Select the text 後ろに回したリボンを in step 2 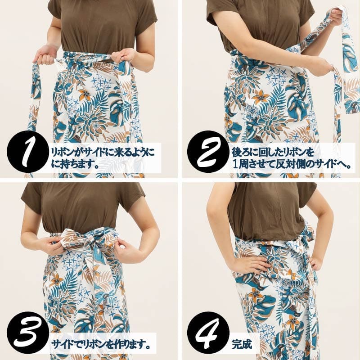click(x=273, y=152)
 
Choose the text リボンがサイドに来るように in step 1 click(x=103, y=152)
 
